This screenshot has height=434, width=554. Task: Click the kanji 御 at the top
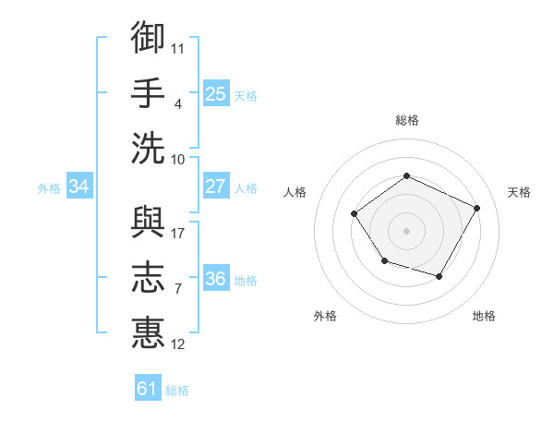(149, 38)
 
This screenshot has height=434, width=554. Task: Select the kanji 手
(149, 92)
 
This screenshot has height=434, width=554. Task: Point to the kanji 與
(149, 222)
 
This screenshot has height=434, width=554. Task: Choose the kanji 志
(149, 277)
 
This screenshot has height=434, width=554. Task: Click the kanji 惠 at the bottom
(149, 332)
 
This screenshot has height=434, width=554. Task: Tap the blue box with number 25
(216, 93)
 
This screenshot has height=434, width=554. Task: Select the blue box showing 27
(216, 187)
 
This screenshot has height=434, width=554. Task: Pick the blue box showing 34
(79, 187)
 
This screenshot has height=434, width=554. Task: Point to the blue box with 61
(148, 389)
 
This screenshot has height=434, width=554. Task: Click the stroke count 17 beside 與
(177, 233)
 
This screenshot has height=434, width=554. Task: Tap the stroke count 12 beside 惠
(177, 344)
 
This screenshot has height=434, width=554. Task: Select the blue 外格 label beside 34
(49, 188)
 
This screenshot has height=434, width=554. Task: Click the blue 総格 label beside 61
(177, 391)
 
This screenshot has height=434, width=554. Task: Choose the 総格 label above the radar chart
(406, 120)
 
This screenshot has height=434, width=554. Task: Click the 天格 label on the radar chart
(519, 192)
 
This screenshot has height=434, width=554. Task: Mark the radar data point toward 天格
(477, 208)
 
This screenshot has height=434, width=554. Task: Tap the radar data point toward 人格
(355, 214)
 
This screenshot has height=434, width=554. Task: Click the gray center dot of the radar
(406, 230)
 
